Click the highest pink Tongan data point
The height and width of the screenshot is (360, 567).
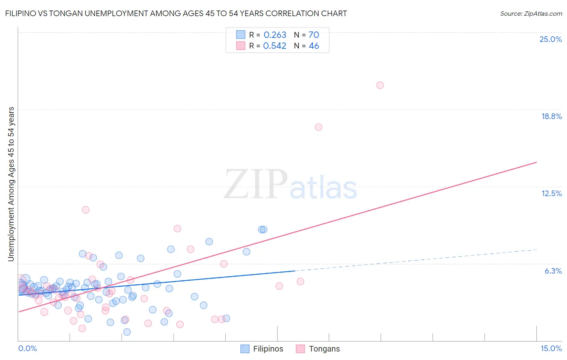coord(380,85)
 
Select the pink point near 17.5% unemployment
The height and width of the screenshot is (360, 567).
coord(318,127)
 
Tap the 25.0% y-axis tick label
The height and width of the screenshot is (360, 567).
coord(550,39)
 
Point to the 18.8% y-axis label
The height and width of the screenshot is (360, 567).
coord(551,116)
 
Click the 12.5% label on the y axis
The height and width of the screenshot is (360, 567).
coord(551,193)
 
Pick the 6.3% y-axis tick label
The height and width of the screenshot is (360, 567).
coord(553,271)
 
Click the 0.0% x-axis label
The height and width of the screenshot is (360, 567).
coord(27,348)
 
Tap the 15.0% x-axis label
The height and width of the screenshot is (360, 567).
coord(551,348)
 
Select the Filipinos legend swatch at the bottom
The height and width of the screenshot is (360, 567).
coord(245,349)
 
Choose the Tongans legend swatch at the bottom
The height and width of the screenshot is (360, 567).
coord(300,349)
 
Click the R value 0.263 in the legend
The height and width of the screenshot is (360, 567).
coord(275,35)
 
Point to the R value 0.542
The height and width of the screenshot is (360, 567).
coord(275,46)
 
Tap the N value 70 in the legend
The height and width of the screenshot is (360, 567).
coord(314,35)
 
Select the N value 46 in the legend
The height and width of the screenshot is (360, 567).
coord(314,46)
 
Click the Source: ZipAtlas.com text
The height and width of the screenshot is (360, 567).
coord(531,13)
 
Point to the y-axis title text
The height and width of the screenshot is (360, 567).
coord(11,184)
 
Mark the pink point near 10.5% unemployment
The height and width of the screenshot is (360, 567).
coord(85,210)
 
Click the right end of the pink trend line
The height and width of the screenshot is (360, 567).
coord(536,162)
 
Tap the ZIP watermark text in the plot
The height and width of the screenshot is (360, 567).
coord(256,184)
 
